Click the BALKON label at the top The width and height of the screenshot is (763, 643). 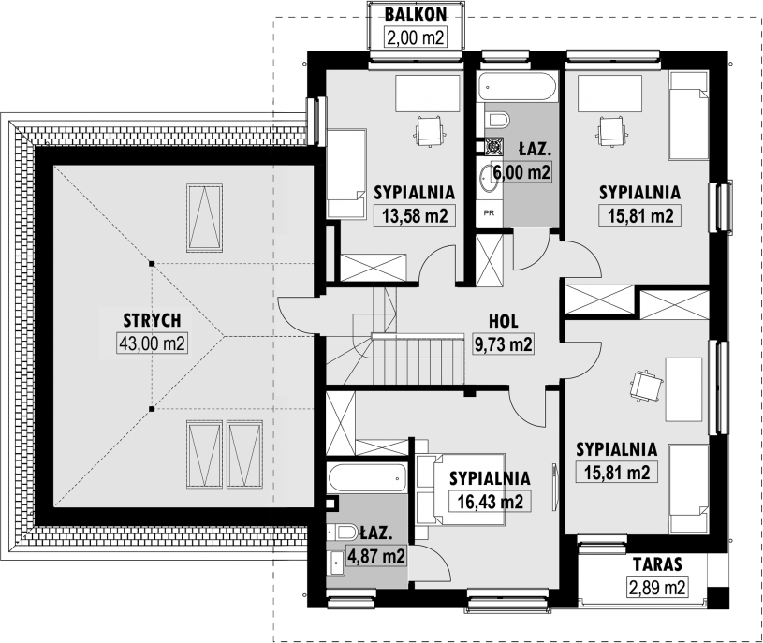tap(415, 15)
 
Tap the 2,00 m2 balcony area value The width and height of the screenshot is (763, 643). tap(415, 37)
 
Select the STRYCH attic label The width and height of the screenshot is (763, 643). tap(152, 320)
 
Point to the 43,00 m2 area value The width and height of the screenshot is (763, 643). tap(152, 343)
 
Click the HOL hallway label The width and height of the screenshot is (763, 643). tap(503, 322)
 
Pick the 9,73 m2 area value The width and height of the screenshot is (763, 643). tap(503, 343)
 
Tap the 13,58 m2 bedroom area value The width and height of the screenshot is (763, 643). tap(415, 215)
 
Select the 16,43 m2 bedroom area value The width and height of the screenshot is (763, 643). tap(490, 501)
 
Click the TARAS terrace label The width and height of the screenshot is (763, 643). tap(657, 564)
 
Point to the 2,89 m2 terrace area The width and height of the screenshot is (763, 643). tap(657, 587)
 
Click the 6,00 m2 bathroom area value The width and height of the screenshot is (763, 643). tap(521, 171)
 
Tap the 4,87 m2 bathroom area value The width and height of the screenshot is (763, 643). tap(375, 555)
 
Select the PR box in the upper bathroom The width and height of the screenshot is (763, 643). tap(490, 212)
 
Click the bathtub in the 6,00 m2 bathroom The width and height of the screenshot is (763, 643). tap(517, 87)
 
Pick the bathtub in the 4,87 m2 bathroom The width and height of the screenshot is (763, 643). tap(367, 478)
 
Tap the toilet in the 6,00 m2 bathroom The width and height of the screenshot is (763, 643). tap(497, 119)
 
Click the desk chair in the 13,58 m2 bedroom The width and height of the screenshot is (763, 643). tap(430, 130)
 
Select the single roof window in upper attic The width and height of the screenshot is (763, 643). tap(204, 217)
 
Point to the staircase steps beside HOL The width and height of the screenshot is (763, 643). tap(418, 360)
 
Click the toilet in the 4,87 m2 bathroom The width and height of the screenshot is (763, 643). tap(344, 532)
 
